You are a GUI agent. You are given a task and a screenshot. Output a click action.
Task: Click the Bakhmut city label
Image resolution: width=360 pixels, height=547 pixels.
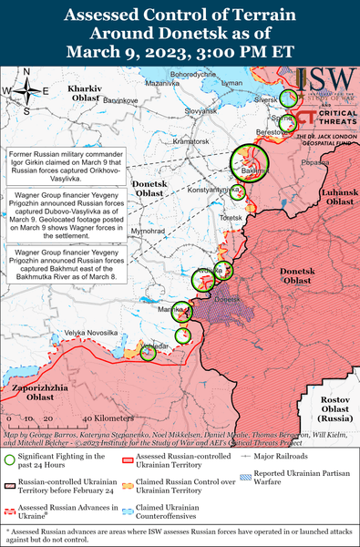click(255, 171)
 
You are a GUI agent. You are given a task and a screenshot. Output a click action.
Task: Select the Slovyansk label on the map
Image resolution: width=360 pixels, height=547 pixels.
click(201, 109)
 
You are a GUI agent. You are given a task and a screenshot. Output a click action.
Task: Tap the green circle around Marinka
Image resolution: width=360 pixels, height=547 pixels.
click(181, 311)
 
